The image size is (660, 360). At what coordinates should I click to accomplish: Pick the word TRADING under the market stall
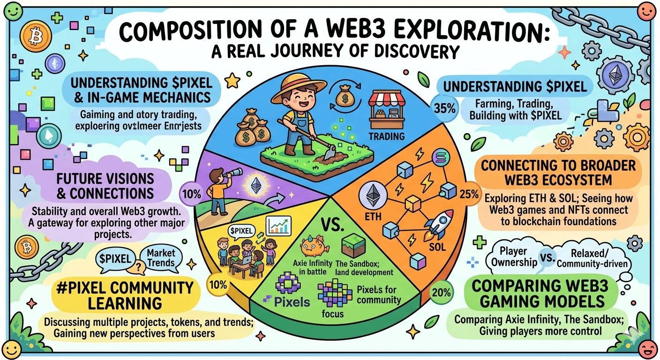pyautogui.click(x=386, y=136)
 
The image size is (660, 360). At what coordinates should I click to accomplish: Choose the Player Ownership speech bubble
pyautogui.click(x=514, y=256)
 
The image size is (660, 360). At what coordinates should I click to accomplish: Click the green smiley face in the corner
pyautogui.click(x=12, y=10)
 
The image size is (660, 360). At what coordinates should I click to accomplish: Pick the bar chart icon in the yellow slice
pyautogui.click(x=279, y=226)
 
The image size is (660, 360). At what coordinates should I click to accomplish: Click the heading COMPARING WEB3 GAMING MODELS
pyautogui.click(x=539, y=293)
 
